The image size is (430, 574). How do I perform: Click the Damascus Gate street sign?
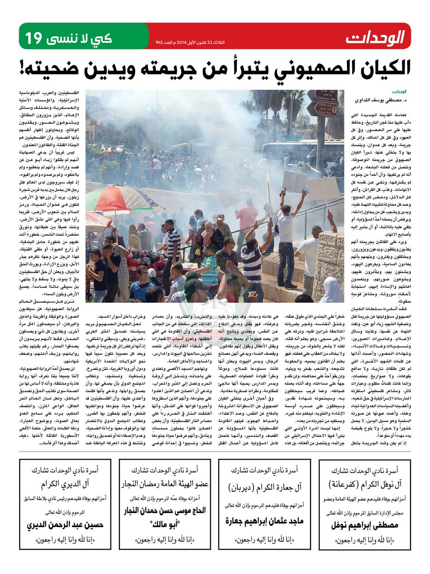pyautogui.click(x=322, y=95)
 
